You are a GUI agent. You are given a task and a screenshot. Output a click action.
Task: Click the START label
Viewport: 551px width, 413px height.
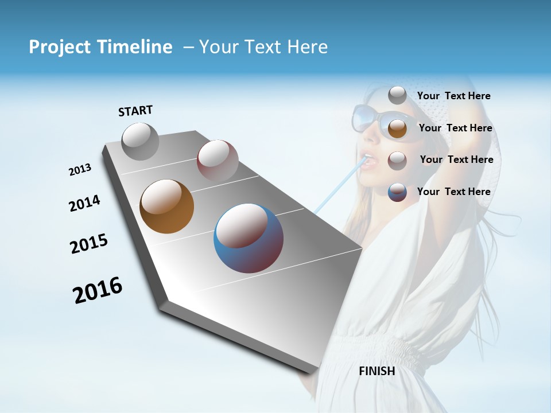tap(135, 111)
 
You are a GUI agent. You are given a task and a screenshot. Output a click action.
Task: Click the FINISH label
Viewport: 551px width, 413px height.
tap(377, 371)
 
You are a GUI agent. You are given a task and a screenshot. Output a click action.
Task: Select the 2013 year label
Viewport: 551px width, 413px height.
tap(80, 170)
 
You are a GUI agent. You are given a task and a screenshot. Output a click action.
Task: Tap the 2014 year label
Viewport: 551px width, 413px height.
tap(84, 203)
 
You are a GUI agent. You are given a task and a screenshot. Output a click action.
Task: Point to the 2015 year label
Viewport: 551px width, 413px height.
tap(89, 244)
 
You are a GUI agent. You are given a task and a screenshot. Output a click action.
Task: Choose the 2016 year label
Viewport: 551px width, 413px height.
tap(98, 290)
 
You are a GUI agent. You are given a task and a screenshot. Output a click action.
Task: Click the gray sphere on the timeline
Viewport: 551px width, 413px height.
tap(140, 141)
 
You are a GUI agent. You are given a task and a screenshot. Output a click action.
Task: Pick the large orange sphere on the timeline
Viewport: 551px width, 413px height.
tap(166, 206)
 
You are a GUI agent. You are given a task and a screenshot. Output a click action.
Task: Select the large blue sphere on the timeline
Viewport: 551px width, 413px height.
tap(248, 237)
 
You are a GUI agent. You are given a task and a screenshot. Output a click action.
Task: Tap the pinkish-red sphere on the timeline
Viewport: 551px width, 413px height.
tap(218, 161)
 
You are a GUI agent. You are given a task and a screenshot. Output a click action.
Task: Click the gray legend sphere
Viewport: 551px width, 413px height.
tap(397, 95)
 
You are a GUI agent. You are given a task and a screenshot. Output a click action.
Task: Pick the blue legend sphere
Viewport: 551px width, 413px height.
tap(397, 192)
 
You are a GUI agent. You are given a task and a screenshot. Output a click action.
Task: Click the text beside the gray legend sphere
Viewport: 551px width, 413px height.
tap(453, 96)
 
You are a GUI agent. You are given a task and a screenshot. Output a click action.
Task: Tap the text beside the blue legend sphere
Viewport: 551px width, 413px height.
tap(453, 192)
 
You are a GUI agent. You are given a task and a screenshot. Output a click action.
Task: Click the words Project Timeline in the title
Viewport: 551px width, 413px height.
tap(100, 47)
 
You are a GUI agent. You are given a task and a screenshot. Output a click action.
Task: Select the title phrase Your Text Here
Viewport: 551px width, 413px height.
tap(263, 47)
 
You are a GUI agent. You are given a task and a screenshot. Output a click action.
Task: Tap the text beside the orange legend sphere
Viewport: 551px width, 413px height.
tap(455, 128)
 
